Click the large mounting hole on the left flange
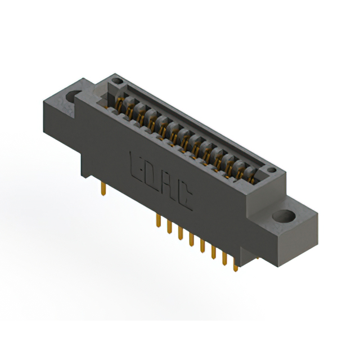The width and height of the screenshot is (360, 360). [73, 96]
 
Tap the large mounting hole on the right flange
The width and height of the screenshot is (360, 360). [283, 216]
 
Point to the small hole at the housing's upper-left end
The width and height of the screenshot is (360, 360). [117, 81]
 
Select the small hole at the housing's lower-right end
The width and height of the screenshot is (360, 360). [272, 170]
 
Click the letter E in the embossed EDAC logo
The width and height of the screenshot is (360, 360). [136, 166]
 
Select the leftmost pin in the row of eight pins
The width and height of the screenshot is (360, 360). [158, 220]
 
